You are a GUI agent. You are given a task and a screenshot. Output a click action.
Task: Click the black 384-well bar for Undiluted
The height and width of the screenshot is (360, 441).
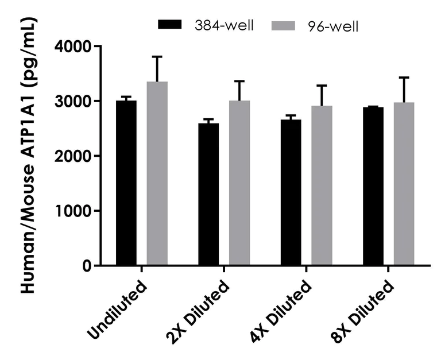tap(126, 183)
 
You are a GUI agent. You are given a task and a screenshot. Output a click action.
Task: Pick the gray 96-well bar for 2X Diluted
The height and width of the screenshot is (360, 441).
tap(239, 183)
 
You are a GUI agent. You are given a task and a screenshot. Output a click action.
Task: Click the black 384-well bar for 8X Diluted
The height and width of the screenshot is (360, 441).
tap(373, 186)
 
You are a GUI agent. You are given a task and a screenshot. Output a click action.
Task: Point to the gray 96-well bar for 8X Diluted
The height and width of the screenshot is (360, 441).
tap(404, 184)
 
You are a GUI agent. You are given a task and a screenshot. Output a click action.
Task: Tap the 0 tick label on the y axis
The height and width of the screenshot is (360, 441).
tap(86, 266)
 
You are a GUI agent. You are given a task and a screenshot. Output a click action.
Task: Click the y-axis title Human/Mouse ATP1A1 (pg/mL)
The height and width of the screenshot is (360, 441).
tap(28, 155)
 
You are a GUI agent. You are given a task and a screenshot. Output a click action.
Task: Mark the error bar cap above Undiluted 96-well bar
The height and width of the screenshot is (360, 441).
tap(157, 57)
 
